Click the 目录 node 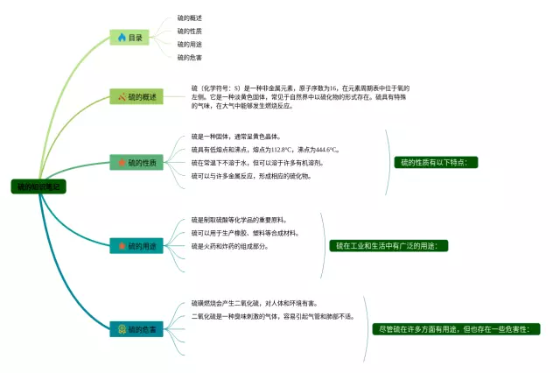(129, 38)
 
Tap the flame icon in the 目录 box (121, 38)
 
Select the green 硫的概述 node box (136, 96)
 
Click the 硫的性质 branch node (136, 163)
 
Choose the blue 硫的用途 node (136, 247)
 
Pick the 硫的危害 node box (136, 329)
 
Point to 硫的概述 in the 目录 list (189, 18)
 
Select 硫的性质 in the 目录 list (189, 31)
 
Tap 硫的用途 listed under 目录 (189, 44)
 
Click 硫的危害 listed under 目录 (189, 57)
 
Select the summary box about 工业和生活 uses (392, 245)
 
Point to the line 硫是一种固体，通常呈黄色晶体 (236, 137)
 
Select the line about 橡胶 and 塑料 (245, 233)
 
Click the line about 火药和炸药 (229, 246)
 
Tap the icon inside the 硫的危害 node (122, 329)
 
